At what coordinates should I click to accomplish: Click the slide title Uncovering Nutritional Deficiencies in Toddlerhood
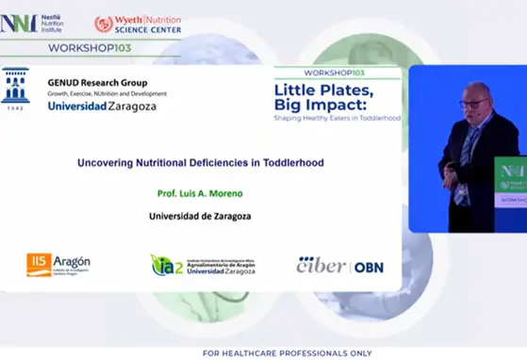point(200,162)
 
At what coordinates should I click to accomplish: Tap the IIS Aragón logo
point(58,265)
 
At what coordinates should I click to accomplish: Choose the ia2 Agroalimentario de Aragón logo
point(202,265)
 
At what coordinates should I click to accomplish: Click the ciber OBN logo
point(339,266)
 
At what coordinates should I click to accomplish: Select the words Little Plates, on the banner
point(324,90)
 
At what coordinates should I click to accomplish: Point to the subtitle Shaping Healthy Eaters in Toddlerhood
point(336,119)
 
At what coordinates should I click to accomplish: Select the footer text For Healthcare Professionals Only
point(263,352)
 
